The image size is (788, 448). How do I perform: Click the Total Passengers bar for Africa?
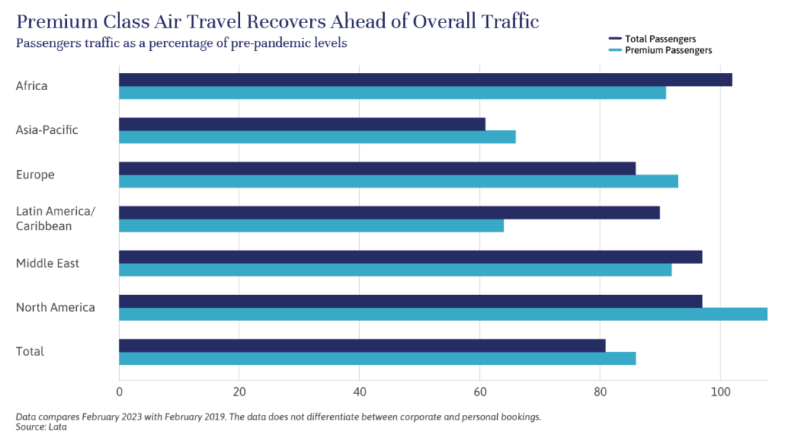tap(425, 80)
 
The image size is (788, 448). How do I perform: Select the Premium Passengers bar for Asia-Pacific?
tap(317, 137)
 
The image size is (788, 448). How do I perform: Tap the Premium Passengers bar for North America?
tap(442, 314)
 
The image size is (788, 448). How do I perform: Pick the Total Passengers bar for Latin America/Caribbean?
tap(389, 212)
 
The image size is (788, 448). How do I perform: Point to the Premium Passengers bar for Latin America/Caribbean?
tap(311, 226)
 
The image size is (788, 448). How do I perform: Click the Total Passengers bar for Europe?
tap(377, 169)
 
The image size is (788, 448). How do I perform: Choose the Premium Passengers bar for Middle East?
tap(395, 270)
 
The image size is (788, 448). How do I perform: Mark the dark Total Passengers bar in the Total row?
tap(362, 346)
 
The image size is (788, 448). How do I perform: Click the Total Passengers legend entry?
tap(661, 38)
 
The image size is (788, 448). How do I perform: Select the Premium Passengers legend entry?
tap(667, 50)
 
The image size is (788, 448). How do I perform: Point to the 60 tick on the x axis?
tap(480, 391)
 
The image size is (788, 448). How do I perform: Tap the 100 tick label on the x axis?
tap(720, 391)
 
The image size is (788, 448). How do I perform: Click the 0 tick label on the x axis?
tap(119, 391)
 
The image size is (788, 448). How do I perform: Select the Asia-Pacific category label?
tap(47, 130)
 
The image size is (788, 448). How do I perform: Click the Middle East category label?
tap(48, 263)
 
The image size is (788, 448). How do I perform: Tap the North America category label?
tap(55, 307)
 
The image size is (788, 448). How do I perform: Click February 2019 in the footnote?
tap(251, 416)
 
